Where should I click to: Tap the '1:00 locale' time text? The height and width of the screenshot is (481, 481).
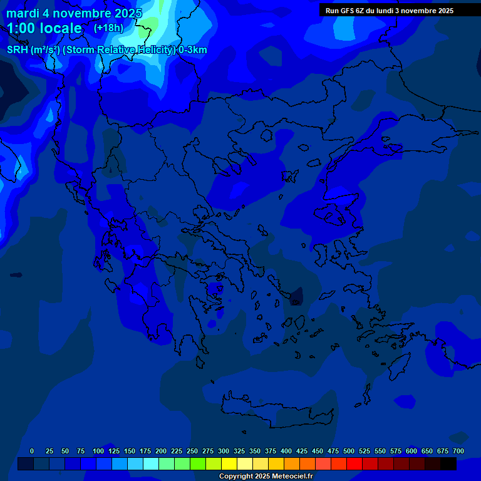(44, 28)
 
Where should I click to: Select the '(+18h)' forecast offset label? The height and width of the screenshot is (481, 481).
(108, 28)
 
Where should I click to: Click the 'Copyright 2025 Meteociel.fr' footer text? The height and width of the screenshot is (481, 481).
(266, 476)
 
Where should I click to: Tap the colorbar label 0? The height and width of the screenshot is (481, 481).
(32, 451)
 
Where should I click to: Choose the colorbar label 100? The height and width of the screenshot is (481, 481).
(98, 451)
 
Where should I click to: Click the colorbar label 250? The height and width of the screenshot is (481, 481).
(192, 451)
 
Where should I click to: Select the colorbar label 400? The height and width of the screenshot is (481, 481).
(286, 451)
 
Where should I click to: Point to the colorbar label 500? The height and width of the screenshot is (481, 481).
(349, 451)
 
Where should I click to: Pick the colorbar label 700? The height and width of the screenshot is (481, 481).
(458, 451)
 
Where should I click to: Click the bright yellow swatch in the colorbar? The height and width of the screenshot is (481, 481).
(229, 464)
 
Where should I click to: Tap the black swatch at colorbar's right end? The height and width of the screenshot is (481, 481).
(448, 464)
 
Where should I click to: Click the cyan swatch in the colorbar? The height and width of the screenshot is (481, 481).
(151, 464)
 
